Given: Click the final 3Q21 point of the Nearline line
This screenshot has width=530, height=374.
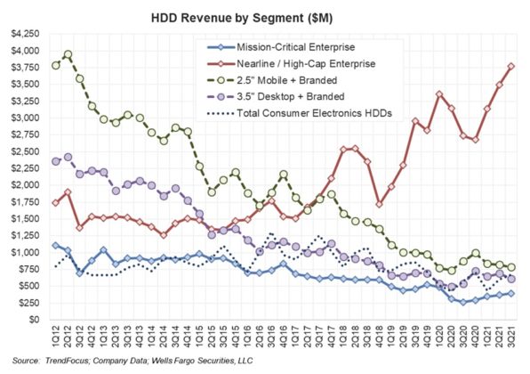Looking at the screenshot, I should pyautogui.click(x=511, y=65).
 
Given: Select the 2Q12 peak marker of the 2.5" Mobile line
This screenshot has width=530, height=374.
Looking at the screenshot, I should pyautogui.click(x=68, y=54).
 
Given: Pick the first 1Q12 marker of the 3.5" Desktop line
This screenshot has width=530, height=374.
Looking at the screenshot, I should pyautogui.click(x=56, y=161).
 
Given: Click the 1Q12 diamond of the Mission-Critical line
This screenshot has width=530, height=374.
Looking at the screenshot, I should pyautogui.click(x=56, y=245).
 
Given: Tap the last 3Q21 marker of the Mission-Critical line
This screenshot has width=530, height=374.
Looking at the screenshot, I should pyautogui.click(x=511, y=293).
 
